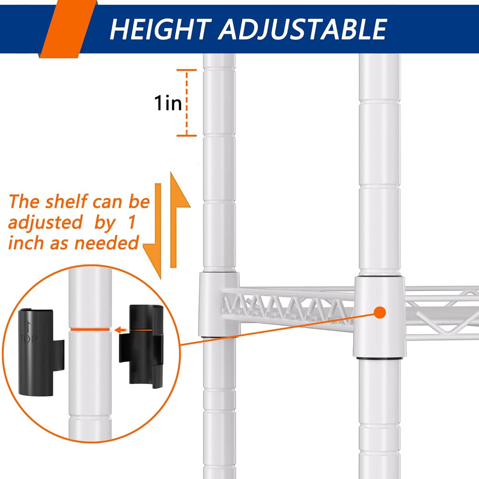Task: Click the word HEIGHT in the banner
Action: (x=161, y=29)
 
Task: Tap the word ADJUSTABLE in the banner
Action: (x=303, y=29)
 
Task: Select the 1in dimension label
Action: (x=168, y=103)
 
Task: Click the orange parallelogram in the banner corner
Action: (x=68, y=29)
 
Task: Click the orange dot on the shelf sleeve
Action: (x=380, y=312)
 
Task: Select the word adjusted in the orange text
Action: (x=45, y=223)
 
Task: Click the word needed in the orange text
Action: (x=107, y=243)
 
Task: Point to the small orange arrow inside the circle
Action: (x=122, y=330)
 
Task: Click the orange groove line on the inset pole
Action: (x=90, y=330)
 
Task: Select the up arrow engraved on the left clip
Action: (x=27, y=326)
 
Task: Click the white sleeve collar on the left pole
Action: (x=219, y=304)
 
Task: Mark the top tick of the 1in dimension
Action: (x=187, y=70)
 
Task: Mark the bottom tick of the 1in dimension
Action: (x=187, y=135)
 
